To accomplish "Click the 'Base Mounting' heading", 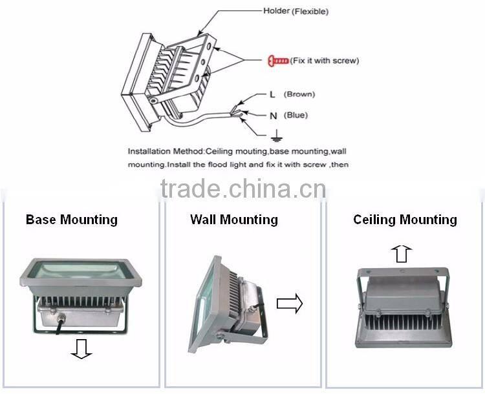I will [72, 220].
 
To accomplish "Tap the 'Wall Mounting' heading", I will [234, 220].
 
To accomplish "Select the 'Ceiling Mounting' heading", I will [405, 220].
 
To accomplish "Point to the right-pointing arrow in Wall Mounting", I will [289, 302].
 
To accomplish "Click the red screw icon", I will [277, 61].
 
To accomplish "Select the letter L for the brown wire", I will [272, 94].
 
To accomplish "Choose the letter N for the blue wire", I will [273, 116].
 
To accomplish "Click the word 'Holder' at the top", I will [276, 11].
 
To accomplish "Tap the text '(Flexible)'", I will [310, 11].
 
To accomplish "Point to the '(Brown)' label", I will [299, 94].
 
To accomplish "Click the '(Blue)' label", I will [296, 116].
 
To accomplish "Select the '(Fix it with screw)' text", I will [325, 61].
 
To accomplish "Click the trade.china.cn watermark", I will [242, 189].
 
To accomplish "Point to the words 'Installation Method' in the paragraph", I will [166, 151].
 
